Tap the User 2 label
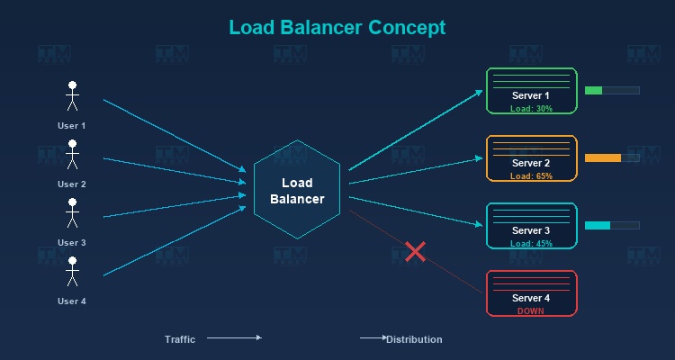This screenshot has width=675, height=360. (72, 184)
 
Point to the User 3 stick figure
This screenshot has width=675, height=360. (72, 213)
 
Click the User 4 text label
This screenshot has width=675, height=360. (72, 301)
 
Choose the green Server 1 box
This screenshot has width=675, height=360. (531, 91)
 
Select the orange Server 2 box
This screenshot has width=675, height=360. (531, 158)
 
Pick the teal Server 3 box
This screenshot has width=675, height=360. (531, 226)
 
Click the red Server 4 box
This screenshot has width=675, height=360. (531, 293)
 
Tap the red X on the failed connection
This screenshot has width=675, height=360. (415, 251)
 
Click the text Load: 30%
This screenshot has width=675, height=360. (531, 108)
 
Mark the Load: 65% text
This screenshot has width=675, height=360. (531, 176)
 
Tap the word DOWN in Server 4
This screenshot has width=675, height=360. (531, 310)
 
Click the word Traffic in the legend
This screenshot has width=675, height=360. (180, 339)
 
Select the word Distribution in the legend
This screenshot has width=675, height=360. (415, 339)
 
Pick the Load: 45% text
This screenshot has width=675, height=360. (531, 244)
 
